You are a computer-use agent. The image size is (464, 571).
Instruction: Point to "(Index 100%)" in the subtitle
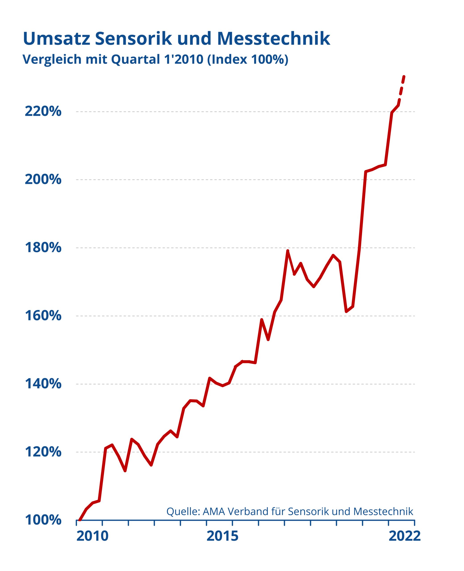click(x=248, y=59)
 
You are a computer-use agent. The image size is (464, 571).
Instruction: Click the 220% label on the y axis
click(x=43, y=111)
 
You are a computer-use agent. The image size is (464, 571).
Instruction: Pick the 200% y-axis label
click(x=43, y=179)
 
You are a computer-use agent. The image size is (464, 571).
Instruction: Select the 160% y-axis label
click(x=43, y=316)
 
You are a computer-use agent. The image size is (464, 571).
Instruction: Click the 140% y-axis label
click(x=43, y=384)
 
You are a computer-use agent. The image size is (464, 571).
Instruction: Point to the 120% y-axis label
click(x=43, y=452)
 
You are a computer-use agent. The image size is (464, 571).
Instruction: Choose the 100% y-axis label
click(x=43, y=520)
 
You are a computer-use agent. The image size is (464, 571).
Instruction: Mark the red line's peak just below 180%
click(x=288, y=251)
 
